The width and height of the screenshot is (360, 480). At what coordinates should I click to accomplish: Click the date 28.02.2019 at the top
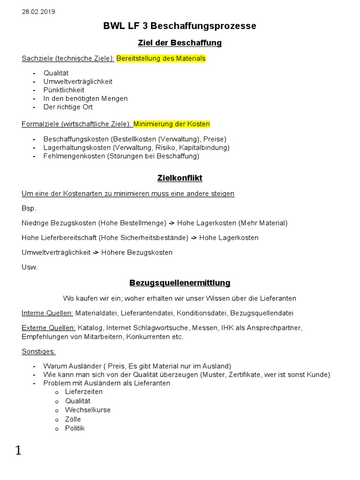click(x=38, y=12)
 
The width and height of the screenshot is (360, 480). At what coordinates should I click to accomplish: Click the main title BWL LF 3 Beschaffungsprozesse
click(x=180, y=26)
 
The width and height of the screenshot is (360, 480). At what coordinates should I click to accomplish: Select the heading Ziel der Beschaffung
click(x=180, y=43)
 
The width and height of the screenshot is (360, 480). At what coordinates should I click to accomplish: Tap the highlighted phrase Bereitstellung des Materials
click(x=161, y=59)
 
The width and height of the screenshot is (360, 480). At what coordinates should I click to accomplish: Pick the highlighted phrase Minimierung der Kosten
click(x=172, y=124)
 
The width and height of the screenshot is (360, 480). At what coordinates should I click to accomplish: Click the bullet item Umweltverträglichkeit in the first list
click(x=78, y=82)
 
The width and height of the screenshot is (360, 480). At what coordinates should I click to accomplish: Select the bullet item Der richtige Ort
click(x=68, y=107)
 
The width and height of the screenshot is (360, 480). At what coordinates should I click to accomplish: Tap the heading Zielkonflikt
click(x=180, y=178)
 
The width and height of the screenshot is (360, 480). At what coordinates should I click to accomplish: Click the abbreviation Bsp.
click(x=29, y=208)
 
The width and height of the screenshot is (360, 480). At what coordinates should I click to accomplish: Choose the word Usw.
click(x=30, y=267)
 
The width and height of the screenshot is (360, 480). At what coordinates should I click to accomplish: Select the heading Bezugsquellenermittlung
click(x=180, y=283)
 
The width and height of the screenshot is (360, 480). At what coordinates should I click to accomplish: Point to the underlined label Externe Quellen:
click(x=48, y=327)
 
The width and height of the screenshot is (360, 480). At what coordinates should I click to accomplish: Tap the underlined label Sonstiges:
click(x=38, y=351)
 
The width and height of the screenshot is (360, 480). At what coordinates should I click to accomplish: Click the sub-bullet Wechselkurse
click(x=88, y=410)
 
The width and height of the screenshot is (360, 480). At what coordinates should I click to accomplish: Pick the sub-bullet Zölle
click(x=73, y=419)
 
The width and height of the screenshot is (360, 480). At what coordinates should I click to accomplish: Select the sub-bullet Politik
click(x=75, y=428)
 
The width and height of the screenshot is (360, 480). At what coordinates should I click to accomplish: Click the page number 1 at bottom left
click(x=18, y=451)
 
